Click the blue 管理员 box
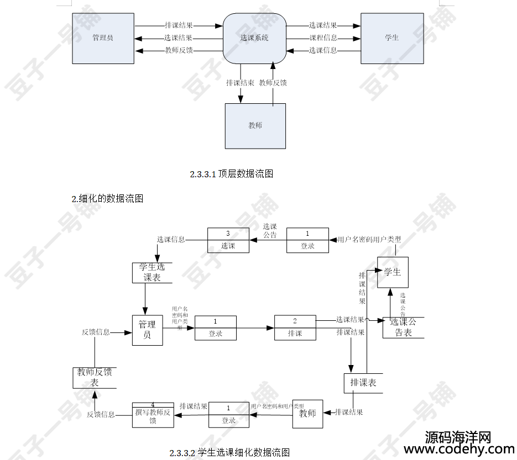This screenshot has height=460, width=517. point(103,38)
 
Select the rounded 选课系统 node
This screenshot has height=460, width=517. point(254,39)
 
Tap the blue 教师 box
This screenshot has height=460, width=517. point(255,126)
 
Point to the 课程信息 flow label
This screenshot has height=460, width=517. point(323,38)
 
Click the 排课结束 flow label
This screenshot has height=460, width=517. point(240,83)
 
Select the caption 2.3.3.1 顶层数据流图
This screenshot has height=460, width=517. point(232,174)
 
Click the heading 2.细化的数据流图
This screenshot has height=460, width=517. point(107,199)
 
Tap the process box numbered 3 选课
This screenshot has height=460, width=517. point(228,241)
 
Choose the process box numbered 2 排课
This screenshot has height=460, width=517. point(295,328)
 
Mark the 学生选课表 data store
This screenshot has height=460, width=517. point(152,272)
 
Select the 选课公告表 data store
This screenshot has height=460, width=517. point(403,327)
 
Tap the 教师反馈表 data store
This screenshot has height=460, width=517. point(95,378)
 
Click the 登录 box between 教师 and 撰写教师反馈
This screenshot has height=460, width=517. point(228,415)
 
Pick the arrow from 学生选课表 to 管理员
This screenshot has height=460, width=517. point(145,299)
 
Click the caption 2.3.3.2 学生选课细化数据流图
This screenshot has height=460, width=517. point(229,453)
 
